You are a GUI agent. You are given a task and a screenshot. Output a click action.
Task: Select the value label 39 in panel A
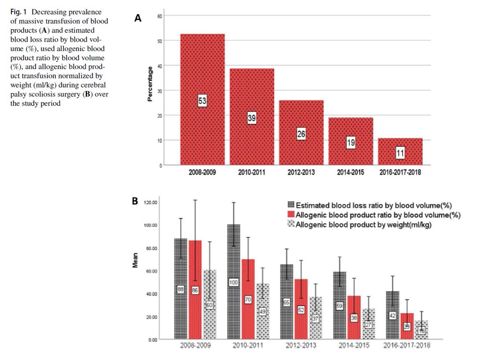pos(252,119)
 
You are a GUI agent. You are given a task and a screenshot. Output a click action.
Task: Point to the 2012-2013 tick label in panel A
pos(301,172)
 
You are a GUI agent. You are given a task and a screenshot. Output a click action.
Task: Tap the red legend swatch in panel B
pos(291,215)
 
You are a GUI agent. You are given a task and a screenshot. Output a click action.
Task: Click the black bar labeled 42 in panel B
pos(392,315)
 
